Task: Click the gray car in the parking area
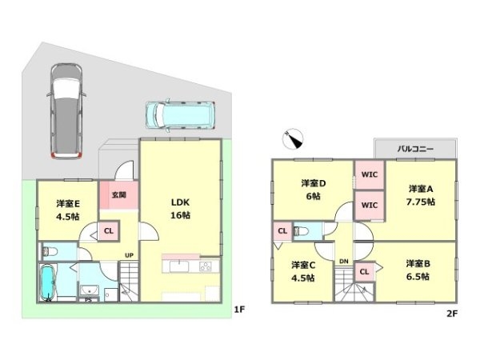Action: [x=66, y=111]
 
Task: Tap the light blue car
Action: [x=180, y=115]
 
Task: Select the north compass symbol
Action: [x=292, y=138]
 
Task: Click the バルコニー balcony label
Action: [x=415, y=149]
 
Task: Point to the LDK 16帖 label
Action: [x=180, y=209]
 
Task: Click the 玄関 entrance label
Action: [x=118, y=194]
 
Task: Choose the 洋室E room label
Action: [x=68, y=203]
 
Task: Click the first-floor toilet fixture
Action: [x=50, y=251]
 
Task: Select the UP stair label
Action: [x=129, y=255]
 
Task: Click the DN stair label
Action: [x=344, y=262]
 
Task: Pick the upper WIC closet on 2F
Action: [x=370, y=174]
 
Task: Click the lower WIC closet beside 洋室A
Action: [x=370, y=205]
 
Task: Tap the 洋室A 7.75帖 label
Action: [x=421, y=195]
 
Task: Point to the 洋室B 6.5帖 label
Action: [x=418, y=270]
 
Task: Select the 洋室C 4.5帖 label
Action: [x=303, y=271]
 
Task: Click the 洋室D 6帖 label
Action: [x=314, y=190]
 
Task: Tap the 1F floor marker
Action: [x=239, y=310]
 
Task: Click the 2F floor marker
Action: [x=452, y=314]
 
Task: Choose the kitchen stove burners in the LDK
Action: [x=206, y=266]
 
